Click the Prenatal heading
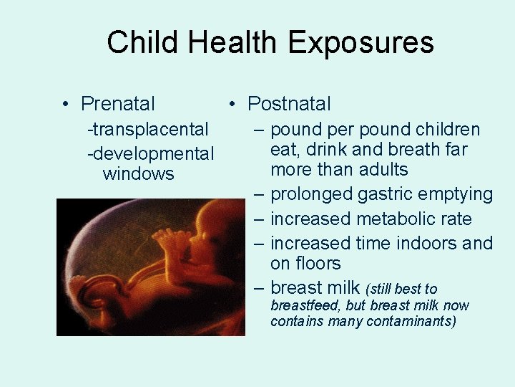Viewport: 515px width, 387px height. pyautogui.click(x=117, y=104)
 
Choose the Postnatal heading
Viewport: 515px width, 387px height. pyautogui.click(x=289, y=104)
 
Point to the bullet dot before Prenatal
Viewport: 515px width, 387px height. pyautogui.click(x=65, y=105)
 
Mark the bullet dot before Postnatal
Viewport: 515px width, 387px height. pyautogui.click(x=232, y=105)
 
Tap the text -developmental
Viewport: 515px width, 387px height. pyautogui.click(x=150, y=153)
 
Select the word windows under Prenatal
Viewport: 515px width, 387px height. pyautogui.click(x=139, y=174)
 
